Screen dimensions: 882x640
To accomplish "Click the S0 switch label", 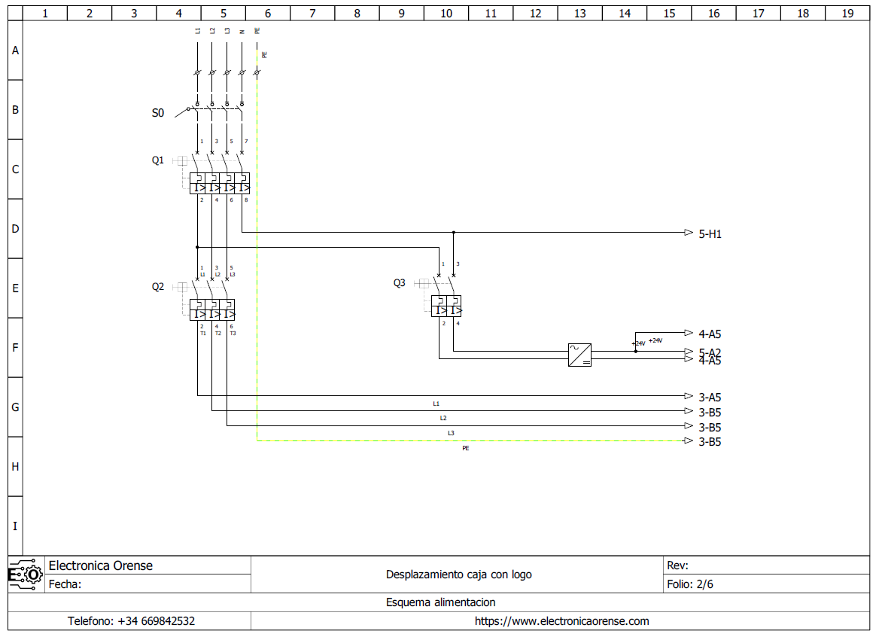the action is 157,113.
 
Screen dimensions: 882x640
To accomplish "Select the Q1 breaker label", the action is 157,160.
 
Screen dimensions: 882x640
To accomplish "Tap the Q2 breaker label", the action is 157,287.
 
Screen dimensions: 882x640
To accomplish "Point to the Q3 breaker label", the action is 399,283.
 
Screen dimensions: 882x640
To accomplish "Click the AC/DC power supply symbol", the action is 579,355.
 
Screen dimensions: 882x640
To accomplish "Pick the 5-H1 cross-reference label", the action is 710,234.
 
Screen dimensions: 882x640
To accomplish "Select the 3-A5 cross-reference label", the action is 710,398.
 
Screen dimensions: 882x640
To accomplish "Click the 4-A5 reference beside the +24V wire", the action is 710,334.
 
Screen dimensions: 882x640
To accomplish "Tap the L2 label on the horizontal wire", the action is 443,418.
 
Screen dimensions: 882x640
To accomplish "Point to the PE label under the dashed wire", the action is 465,448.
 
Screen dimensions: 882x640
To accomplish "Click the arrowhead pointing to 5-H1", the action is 688,233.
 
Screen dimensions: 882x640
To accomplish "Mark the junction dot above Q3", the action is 454,233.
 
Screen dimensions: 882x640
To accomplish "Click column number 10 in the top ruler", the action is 446,13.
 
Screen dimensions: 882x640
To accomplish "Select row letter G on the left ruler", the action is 15,407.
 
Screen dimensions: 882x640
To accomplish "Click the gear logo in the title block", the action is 26,575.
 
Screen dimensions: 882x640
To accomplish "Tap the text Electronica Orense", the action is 100,565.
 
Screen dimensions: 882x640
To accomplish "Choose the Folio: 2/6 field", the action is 689,584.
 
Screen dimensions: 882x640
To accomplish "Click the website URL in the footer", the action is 561,621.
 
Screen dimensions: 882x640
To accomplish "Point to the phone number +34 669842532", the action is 131,621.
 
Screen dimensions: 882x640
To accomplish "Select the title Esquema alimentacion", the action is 440,602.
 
